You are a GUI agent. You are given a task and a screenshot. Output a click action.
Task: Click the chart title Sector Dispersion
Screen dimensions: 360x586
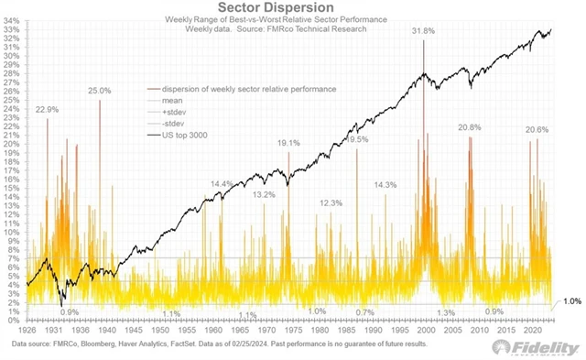click(293, 7)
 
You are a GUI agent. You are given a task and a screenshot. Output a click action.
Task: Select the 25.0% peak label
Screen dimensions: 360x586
click(100, 91)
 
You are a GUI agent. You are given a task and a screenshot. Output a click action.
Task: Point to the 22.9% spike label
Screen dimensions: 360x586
click(48, 109)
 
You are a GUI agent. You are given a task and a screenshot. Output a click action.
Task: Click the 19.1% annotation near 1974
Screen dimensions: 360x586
click(289, 143)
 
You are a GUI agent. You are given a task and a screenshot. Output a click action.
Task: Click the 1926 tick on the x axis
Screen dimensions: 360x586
click(27, 328)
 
